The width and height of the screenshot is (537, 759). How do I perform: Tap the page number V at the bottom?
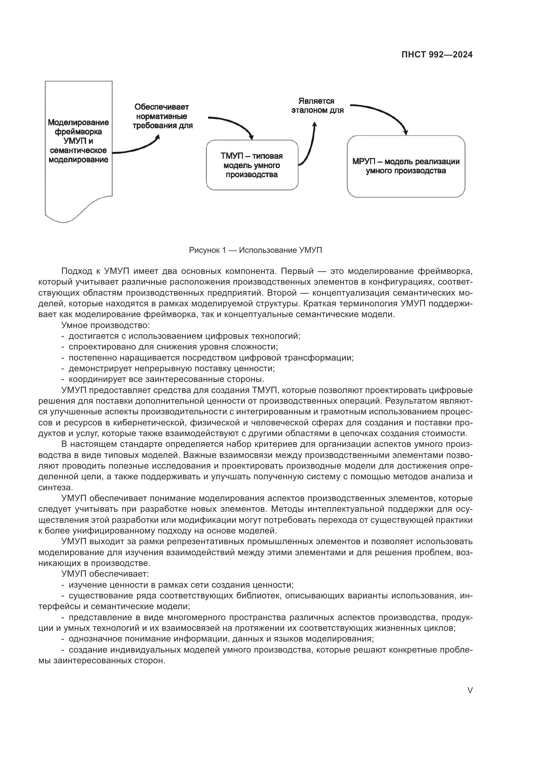(470, 690)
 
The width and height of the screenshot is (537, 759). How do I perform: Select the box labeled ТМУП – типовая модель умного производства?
(252, 165)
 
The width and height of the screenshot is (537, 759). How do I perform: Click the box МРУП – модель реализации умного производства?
(406, 166)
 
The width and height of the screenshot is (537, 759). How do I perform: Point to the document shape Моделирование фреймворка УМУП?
(78, 141)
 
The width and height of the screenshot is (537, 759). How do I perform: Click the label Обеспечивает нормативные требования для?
(162, 116)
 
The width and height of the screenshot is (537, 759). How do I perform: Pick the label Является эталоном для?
(317, 105)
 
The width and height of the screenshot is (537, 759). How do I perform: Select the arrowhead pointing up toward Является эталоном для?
(315, 125)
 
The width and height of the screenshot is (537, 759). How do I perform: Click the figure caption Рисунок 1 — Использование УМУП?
(255, 250)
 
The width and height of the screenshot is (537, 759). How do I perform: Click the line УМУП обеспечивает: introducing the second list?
(105, 574)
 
